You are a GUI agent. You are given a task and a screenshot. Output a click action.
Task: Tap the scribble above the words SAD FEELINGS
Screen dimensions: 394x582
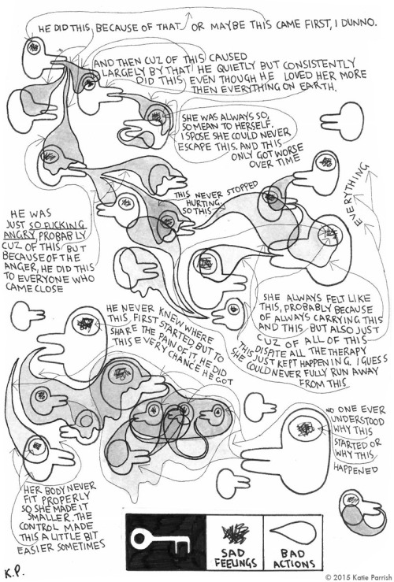(x=235, y=533)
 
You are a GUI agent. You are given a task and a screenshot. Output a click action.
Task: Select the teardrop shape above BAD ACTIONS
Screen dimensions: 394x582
(x=292, y=533)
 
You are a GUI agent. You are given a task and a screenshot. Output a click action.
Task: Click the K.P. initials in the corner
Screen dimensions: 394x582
(x=14, y=572)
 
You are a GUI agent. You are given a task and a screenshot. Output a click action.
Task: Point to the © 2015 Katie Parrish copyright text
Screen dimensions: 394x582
(x=359, y=577)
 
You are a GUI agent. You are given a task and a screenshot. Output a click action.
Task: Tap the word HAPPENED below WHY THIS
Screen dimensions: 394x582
(x=355, y=469)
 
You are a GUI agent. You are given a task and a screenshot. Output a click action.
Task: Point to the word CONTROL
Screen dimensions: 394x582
(x=38, y=527)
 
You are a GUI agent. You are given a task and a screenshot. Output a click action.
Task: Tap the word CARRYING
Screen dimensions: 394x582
(x=336, y=318)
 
